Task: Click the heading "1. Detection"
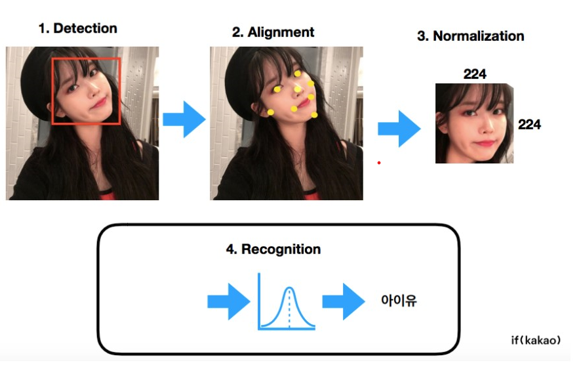[x=77, y=28]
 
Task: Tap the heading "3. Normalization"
[x=470, y=35]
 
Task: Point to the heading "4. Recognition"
[x=273, y=249]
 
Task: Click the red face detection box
[x=86, y=91]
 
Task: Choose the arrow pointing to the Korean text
[x=343, y=301]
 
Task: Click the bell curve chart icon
[x=287, y=301]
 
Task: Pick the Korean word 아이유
[x=399, y=301]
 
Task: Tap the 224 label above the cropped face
[x=474, y=74]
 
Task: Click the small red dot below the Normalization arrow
[x=378, y=162]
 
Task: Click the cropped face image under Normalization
[x=473, y=123]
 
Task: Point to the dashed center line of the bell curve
[x=289, y=309]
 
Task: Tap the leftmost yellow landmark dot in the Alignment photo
[x=270, y=112]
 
